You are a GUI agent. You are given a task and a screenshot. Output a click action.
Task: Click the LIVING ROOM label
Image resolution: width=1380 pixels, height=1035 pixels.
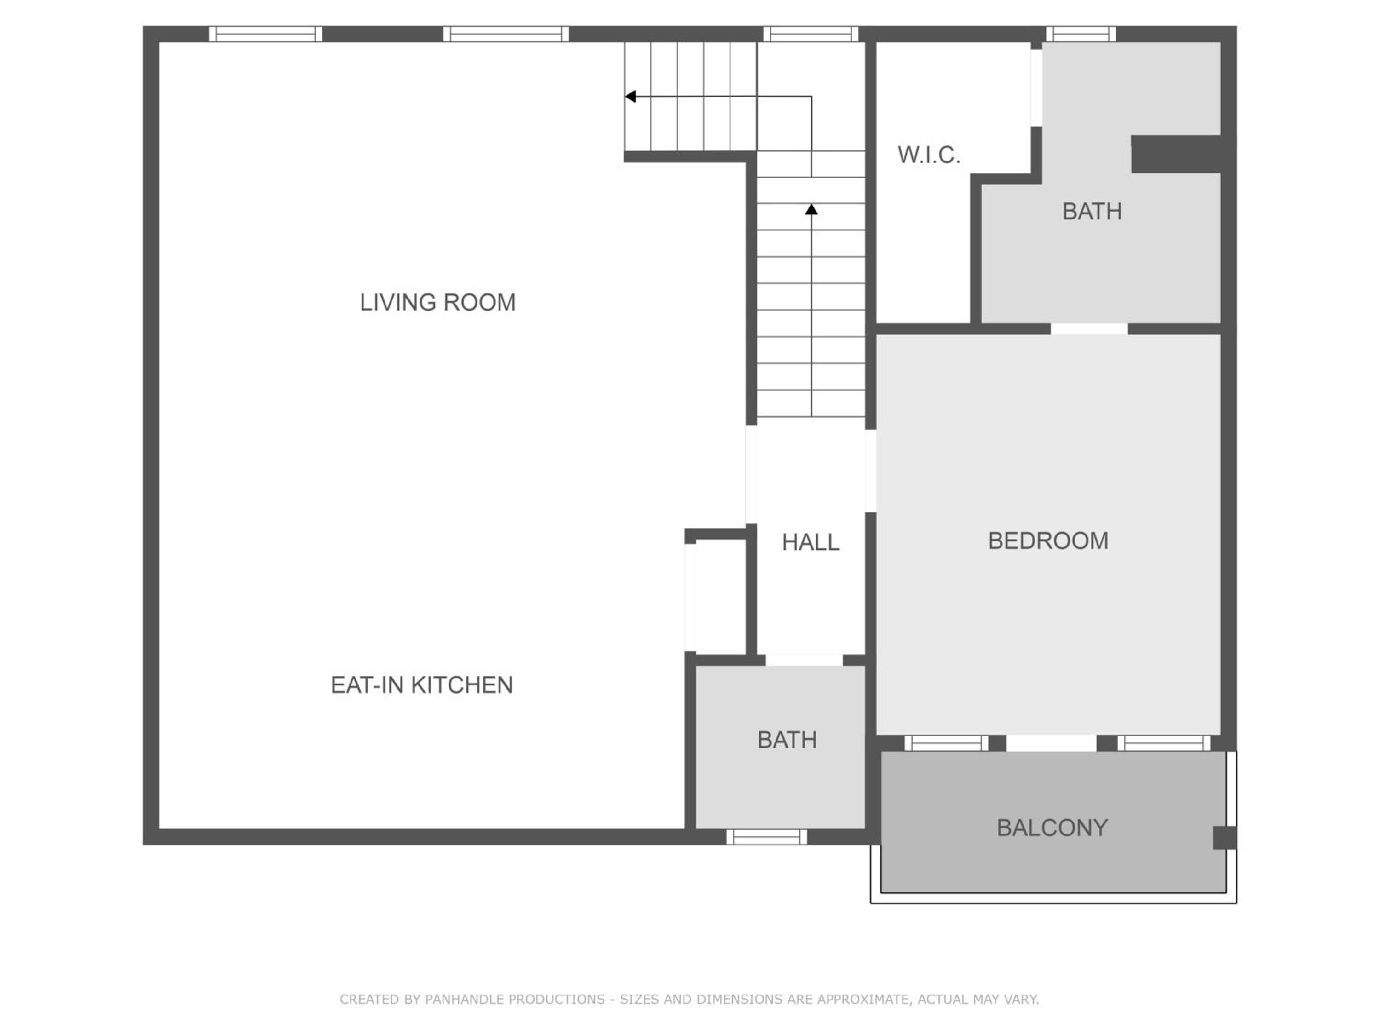[x=438, y=303]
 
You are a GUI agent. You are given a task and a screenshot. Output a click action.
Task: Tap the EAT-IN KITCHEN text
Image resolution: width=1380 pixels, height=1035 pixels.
[x=422, y=685]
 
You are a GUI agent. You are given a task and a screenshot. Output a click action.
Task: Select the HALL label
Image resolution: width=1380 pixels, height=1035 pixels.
[x=811, y=542]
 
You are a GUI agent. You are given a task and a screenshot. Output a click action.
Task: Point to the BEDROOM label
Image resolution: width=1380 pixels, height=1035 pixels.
[x=1048, y=541]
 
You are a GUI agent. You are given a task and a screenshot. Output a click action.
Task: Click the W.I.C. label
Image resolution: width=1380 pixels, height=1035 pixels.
[x=928, y=155]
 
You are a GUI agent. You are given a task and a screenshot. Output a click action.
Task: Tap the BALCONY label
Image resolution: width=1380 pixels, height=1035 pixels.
[x=1052, y=828]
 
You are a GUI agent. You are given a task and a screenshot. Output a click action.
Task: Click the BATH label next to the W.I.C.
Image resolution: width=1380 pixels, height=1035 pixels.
[x=1092, y=212]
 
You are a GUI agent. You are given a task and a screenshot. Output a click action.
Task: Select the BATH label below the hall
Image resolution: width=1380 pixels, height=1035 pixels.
[x=787, y=740]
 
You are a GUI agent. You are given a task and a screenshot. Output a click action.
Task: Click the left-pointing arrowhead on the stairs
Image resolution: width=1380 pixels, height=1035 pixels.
[x=630, y=97]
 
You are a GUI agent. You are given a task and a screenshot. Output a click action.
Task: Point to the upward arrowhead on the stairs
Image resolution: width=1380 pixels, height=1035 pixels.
[x=811, y=210]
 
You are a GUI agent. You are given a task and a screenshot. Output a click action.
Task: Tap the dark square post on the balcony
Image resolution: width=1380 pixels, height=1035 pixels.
[x=1224, y=838]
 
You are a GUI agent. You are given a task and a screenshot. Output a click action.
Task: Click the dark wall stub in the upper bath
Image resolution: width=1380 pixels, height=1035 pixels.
[x=1176, y=154]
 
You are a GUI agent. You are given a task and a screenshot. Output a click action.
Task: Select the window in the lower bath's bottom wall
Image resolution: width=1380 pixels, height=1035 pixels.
[x=767, y=837]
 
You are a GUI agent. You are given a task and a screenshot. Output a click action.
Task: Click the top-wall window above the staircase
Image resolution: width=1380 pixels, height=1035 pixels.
[x=811, y=34]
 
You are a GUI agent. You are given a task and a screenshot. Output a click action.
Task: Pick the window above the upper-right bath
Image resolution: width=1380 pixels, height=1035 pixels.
[x=1081, y=34]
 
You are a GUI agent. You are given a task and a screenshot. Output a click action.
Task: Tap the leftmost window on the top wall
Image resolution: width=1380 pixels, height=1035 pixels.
[x=265, y=34]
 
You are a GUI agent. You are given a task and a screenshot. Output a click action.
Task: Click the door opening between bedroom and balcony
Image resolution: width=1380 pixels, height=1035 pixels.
[x=1051, y=743]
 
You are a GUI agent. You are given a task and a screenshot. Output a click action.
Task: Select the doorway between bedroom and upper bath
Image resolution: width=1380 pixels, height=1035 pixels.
[x=1089, y=329]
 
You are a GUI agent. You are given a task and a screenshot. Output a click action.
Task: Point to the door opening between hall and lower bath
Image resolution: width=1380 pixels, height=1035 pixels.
[x=804, y=660]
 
